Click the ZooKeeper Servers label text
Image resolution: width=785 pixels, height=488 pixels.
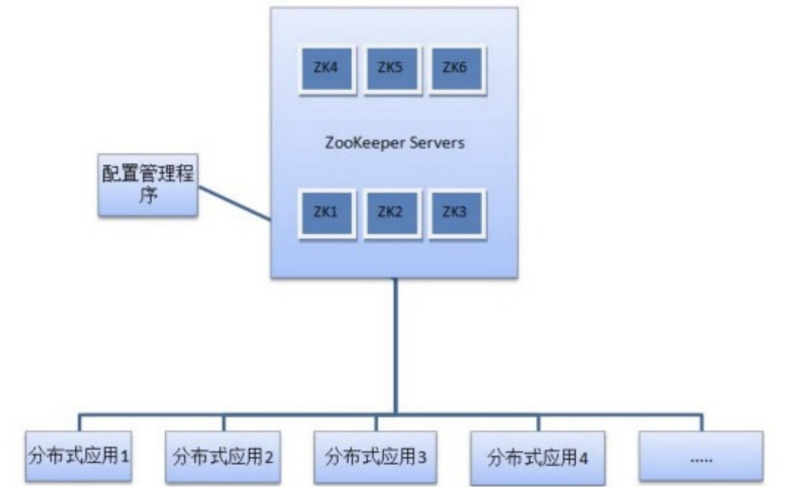pyautogui.click(x=395, y=143)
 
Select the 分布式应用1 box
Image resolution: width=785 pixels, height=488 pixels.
pyautogui.click(x=80, y=457)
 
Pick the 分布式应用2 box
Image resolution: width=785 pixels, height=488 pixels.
pyautogui.click(x=222, y=457)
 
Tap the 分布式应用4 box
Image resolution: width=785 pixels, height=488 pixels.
pyautogui.click(x=537, y=457)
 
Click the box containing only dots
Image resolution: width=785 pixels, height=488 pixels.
pyautogui.click(x=700, y=457)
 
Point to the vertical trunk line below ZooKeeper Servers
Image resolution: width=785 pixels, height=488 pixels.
pyautogui.click(x=395, y=348)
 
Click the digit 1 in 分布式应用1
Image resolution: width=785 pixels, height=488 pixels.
pyautogui.click(x=124, y=458)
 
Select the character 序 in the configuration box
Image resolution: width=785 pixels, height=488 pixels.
pyautogui.click(x=148, y=198)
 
